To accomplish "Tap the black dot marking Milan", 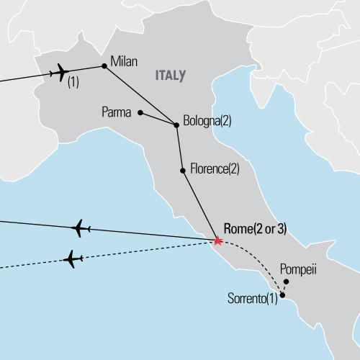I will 104,67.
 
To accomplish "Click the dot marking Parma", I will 140,112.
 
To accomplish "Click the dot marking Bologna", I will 177,126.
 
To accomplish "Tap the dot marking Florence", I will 183,171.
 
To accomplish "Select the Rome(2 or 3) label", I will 256,229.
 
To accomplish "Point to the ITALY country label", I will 170,74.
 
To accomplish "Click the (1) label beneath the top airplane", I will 73,84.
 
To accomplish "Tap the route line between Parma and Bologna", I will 158,120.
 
